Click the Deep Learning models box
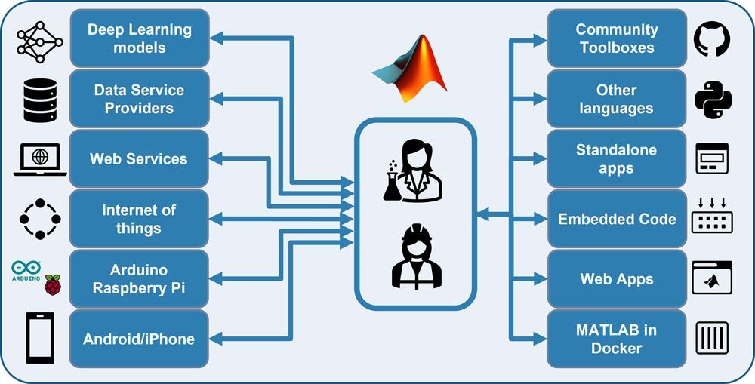[139, 38]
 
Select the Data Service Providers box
[139, 99]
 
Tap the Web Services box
[139, 159]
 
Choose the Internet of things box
[139, 219]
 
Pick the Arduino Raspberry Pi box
[139, 279]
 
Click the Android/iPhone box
[139, 339]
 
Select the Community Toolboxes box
[616, 38]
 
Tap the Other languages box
[616, 99]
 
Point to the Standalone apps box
[616, 159]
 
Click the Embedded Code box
[616, 219]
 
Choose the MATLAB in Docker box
[616, 339]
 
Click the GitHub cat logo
[712, 39]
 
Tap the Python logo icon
[712, 100]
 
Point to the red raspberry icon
[52, 284]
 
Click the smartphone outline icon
[40, 339]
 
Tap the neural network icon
[40, 40]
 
